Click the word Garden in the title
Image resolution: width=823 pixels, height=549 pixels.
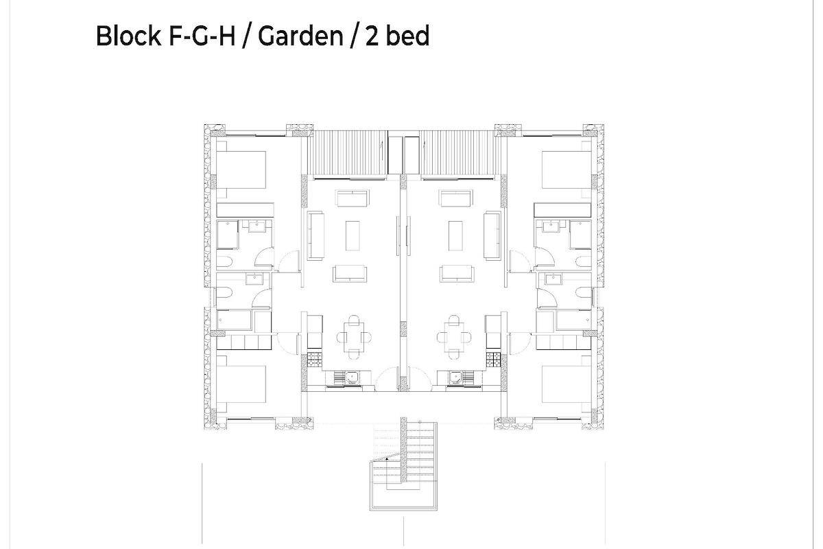pos(300,36)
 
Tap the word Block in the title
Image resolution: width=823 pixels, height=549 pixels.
pos(128,36)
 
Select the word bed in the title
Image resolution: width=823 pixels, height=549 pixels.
pos(408,36)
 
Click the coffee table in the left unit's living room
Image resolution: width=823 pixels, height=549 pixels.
pos(353,235)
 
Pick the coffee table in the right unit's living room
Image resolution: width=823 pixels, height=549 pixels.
pos(455,235)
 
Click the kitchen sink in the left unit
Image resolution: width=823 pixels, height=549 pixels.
pos(352,377)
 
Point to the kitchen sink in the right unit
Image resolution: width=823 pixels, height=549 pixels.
pos(455,377)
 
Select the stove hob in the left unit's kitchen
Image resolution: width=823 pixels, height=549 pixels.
pos(315,360)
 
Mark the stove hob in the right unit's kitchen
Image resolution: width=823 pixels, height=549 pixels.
pos(493,360)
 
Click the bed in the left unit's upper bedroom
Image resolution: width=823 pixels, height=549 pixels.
pos(241,170)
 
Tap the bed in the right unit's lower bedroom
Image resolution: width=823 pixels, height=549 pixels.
pos(567,384)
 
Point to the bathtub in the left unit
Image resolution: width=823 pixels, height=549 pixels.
pos(234,320)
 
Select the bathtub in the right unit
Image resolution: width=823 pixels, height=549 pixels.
pos(573,320)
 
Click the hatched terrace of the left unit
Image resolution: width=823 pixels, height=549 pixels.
pos(347,152)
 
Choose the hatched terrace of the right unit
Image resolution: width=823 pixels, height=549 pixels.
pos(461,152)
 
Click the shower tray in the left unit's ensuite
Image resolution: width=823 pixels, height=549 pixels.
pos(228,234)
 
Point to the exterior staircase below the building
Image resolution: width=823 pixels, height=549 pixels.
pos(403,465)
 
